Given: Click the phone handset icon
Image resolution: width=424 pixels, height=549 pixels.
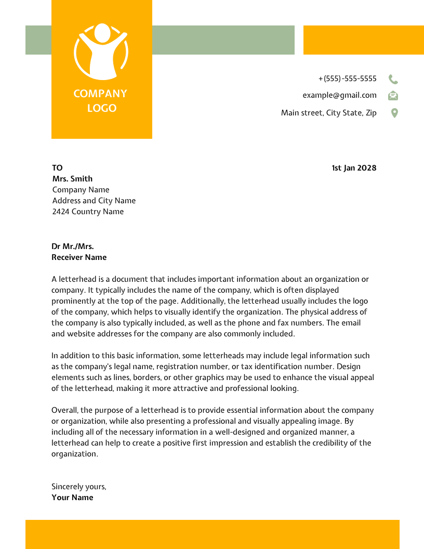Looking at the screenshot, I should [x=393, y=79].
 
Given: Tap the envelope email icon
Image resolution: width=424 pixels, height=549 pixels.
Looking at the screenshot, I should [x=393, y=96].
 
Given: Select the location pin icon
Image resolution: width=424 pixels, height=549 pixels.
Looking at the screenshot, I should [x=394, y=113].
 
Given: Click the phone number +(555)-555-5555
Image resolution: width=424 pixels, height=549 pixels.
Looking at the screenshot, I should [x=347, y=79].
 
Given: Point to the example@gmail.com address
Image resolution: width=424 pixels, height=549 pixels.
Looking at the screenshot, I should [x=339, y=95].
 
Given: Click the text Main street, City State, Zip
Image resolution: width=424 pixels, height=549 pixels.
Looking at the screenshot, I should [x=328, y=113].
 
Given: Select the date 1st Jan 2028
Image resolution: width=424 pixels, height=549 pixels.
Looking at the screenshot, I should [x=354, y=168].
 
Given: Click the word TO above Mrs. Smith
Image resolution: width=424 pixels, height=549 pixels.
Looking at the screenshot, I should [x=57, y=168].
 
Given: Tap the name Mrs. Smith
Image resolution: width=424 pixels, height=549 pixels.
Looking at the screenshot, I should [x=72, y=179].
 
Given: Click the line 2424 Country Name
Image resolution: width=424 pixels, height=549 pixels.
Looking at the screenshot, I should [x=88, y=212].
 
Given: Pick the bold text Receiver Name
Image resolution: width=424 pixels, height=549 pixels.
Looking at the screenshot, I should [x=79, y=257].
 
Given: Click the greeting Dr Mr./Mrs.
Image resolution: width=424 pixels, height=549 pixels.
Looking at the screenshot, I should [x=73, y=246].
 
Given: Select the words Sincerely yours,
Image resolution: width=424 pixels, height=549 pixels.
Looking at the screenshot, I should [x=78, y=487].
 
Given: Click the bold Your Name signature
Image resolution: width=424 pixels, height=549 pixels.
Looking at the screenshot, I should [x=72, y=498].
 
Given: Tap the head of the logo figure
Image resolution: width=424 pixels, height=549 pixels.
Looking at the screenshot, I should [x=102, y=33].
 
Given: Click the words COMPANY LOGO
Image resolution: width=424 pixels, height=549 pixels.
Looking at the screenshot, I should [x=101, y=101].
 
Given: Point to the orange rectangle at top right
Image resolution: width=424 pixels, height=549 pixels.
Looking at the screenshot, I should [x=363, y=40].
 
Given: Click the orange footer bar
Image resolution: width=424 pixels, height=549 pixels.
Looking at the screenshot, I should [x=212, y=534].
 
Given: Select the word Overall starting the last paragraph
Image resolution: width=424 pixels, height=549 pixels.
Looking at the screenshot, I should [x=65, y=410].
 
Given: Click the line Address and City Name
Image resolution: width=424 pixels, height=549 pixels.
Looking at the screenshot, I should [x=94, y=201].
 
